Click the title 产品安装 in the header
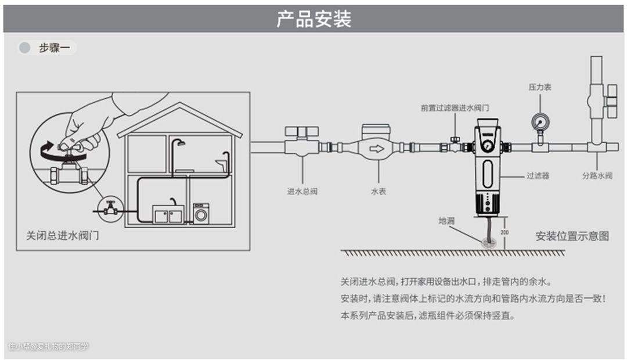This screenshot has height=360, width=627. (313, 19)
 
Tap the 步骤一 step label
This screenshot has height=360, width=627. (55, 48)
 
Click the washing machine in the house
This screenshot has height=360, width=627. (201, 214)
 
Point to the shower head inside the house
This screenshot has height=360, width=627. (181, 143)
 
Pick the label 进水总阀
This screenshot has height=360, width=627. (302, 191)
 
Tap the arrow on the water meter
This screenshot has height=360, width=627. (378, 149)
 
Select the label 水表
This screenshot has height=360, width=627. (379, 191)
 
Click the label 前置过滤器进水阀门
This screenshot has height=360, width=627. (455, 108)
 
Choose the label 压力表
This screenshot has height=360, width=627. (539, 87)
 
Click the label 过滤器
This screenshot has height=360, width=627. (538, 175)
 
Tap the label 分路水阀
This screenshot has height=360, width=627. (597, 175)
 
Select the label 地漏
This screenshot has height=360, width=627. (446, 221)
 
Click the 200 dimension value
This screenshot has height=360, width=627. (505, 232)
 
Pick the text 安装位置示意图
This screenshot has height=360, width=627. (572, 236)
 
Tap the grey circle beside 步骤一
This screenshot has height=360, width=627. (25, 48)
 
